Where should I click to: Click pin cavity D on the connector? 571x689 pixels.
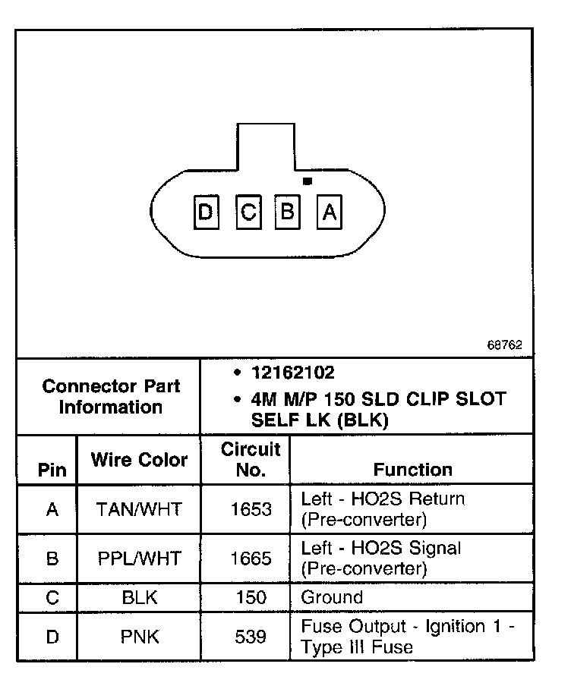click(x=206, y=213)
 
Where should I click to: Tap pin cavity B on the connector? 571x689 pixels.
click(x=288, y=212)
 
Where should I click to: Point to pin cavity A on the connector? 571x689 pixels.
click(x=329, y=213)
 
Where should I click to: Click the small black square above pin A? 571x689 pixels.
click(x=307, y=181)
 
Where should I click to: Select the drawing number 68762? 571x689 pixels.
click(x=504, y=344)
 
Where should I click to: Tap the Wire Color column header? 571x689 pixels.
click(x=139, y=460)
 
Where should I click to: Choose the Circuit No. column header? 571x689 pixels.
click(x=251, y=459)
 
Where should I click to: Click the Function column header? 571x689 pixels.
click(x=413, y=470)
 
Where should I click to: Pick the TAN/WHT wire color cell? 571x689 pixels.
click(x=139, y=509)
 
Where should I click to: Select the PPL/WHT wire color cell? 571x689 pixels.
click(x=139, y=558)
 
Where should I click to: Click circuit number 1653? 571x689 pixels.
click(x=251, y=509)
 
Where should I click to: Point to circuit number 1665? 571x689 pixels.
click(x=251, y=558)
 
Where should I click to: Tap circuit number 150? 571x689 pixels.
click(x=251, y=597)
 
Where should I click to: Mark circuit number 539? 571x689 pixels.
click(x=251, y=637)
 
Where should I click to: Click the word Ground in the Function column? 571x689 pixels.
click(x=332, y=597)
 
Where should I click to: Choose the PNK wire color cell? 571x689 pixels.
click(x=139, y=637)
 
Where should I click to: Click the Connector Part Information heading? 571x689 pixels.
click(x=111, y=396)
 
